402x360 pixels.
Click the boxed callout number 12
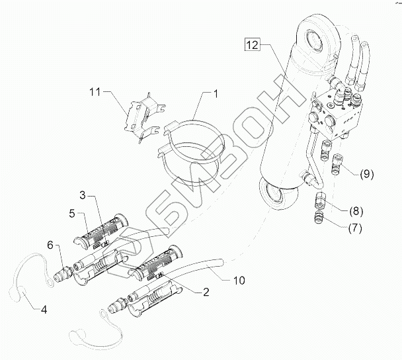[x=253, y=46]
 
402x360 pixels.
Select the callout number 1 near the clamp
[x=216, y=93]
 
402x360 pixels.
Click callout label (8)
[x=356, y=212]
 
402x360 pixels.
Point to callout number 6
[x=50, y=245]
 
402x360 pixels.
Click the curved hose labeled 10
[x=192, y=261]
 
